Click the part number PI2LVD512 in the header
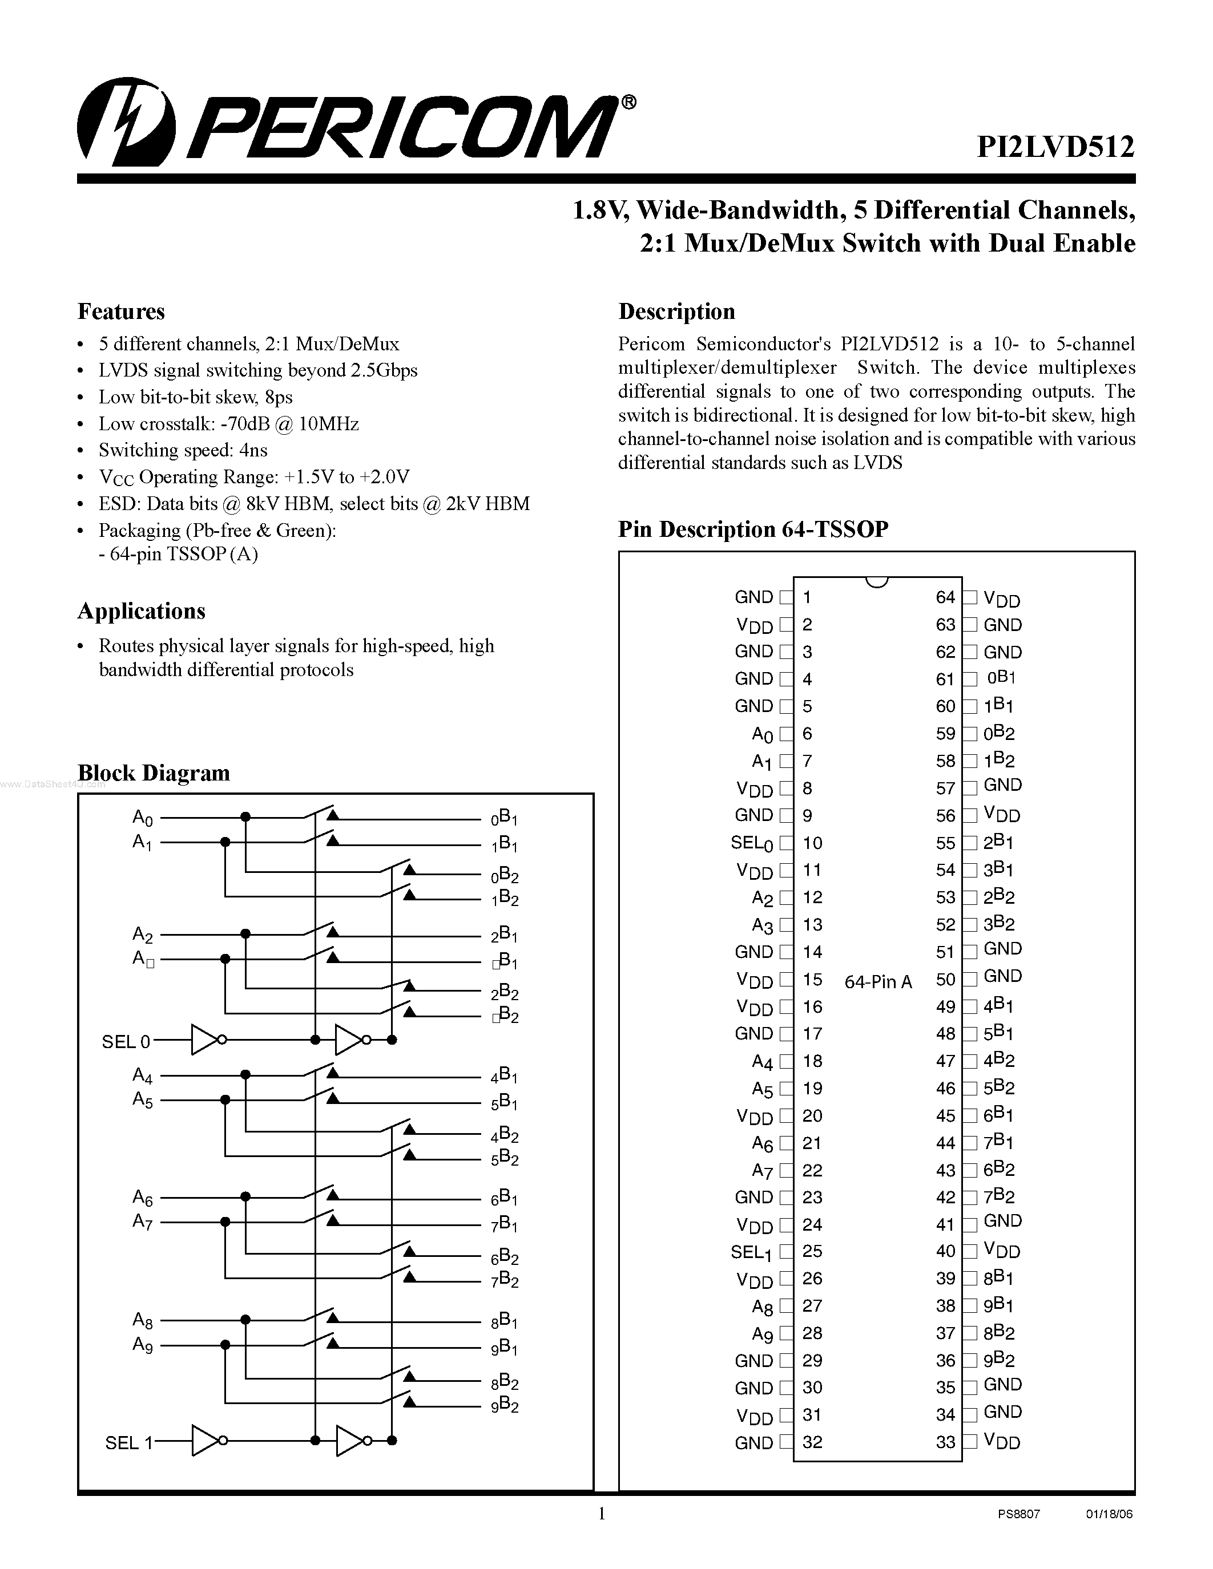point(1055,147)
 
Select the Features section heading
point(120,311)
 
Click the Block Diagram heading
point(154,773)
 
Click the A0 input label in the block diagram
point(142,818)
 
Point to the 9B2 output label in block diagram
point(505,1406)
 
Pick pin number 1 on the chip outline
point(807,597)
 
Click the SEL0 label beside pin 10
point(752,843)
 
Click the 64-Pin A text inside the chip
point(878,981)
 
